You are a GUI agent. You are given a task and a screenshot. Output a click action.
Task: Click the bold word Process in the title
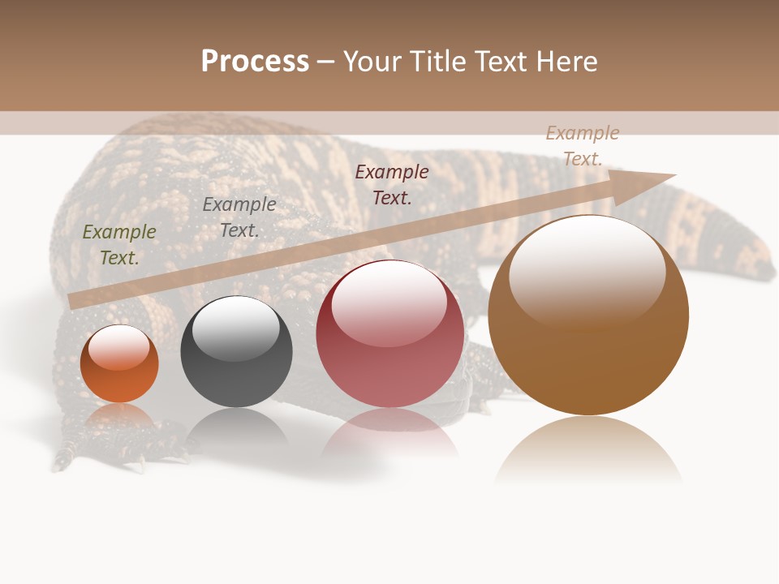255,62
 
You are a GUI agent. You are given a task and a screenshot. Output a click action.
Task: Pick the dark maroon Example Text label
392,184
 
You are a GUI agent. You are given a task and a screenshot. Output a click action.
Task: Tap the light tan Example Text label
583,145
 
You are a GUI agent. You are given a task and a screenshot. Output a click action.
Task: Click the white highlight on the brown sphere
587,268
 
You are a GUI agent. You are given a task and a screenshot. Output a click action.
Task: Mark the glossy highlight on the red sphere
389,302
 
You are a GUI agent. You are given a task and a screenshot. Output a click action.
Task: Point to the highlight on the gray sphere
235,326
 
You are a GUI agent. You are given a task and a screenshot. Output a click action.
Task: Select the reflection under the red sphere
389,430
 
